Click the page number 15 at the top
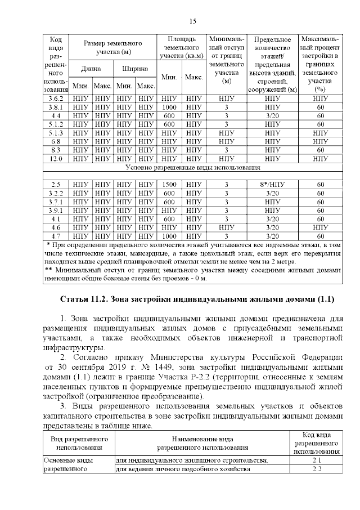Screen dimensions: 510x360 pos(192,21)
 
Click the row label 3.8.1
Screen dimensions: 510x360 pos(55,106)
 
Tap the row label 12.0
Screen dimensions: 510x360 pos(55,159)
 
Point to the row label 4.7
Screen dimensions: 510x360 pos(55,236)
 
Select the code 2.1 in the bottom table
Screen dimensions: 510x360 pos(316,460)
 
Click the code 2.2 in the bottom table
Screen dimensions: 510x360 pos(316,469)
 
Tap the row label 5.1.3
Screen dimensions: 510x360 pos(55,133)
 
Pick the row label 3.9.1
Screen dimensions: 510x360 pos(55,210)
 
